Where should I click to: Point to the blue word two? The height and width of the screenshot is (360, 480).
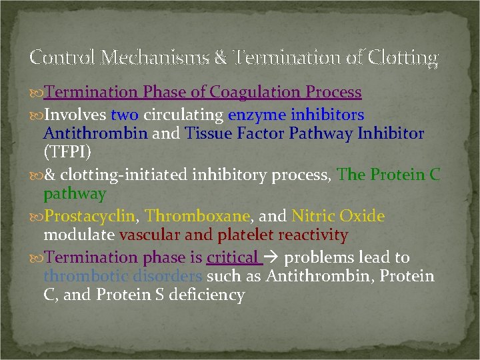pyautogui.click(x=125, y=114)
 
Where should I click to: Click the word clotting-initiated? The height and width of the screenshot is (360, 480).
pyautogui.click(x=120, y=175)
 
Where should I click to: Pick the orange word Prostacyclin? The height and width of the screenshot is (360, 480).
pyautogui.click(x=91, y=216)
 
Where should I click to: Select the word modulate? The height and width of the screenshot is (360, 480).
pyautogui.click(x=79, y=235)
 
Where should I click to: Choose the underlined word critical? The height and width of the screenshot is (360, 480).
pyautogui.click(x=232, y=257)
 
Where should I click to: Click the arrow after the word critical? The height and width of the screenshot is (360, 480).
pyautogui.click(x=271, y=258)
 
